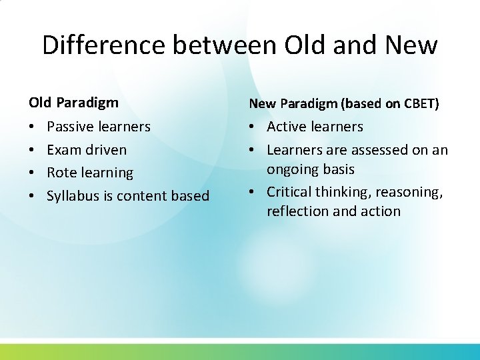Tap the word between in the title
point(227,45)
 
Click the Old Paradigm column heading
point(73,103)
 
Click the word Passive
point(71,127)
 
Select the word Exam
point(64,149)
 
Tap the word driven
point(105,149)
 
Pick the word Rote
point(62,173)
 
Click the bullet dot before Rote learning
point(33,173)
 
